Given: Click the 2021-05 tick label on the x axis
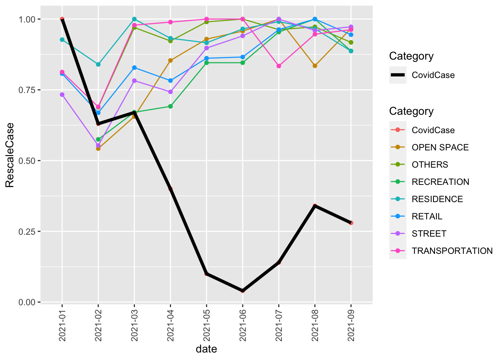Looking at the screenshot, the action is click(x=207, y=325).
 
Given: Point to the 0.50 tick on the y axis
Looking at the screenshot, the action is click(x=39, y=160).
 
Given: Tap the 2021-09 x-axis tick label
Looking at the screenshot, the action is click(x=351, y=325).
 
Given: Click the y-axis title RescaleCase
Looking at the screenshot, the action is click(x=10, y=155).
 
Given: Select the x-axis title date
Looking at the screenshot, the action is click(x=206, y=349).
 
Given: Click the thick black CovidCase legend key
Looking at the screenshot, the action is click(x=398, y=75).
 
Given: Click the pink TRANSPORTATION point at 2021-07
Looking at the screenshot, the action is click(x=279, y=66).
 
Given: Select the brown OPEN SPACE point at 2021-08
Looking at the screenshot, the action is click(x=315, y=66).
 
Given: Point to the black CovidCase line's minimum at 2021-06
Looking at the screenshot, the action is click(x=243, y=291).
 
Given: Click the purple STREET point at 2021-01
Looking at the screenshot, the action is click(x=62, y=94).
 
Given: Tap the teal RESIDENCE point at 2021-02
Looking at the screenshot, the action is click(x=98, y=64).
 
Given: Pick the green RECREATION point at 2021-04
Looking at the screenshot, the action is click(x=170, y=106).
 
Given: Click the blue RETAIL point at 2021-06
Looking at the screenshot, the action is click(x=243, y=57).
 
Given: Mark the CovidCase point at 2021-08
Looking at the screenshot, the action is click(x=315, y=206).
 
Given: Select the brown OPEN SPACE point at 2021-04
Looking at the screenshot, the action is click(x=170, y=60).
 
